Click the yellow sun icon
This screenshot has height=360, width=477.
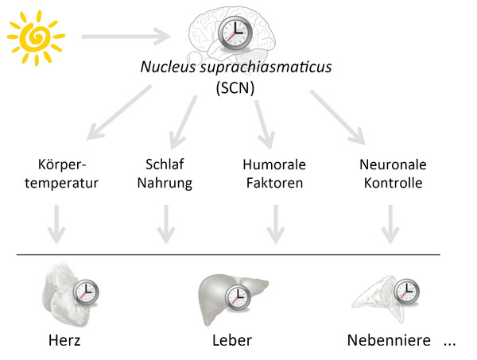[36, 37]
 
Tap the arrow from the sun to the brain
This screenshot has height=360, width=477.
[126, 37]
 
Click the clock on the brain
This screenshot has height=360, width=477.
[235, 33]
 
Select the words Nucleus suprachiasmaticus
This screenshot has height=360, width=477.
[236, 67]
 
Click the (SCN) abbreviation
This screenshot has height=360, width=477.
[235, 88]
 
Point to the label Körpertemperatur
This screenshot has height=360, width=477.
[62, 173]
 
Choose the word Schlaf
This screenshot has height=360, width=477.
[165, 165]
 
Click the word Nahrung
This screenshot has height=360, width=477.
[165, 184]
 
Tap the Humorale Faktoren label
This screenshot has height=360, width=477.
[274, 173]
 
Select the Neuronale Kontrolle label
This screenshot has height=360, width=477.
[393, 173]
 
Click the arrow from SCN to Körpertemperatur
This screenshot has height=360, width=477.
[119, 112]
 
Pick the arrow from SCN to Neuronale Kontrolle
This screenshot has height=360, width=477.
[338, 117]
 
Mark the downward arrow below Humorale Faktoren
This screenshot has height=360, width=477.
[276, 224]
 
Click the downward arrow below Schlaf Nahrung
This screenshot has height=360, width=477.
[166, 224]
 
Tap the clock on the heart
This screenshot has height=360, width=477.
[86, 292]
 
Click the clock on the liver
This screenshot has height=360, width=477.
[238, 297]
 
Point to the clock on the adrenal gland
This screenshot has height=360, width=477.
[407, 291]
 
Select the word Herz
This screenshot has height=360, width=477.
[64, 340]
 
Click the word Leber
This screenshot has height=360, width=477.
[232, 340]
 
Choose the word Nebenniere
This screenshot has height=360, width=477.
[389, 340]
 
